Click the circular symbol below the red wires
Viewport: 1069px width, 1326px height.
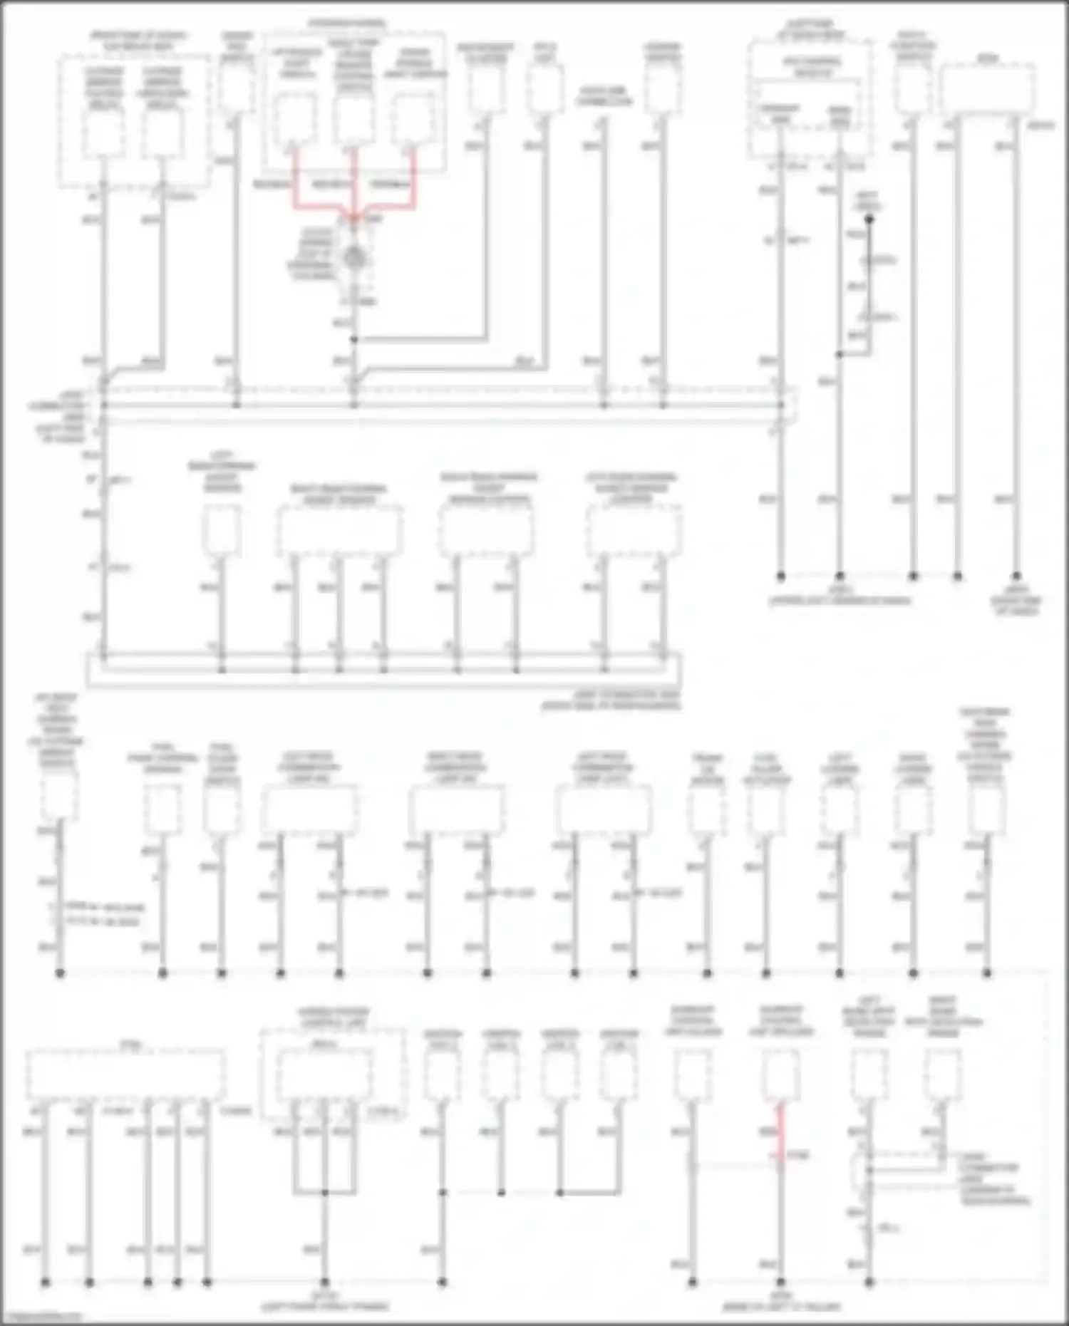353,258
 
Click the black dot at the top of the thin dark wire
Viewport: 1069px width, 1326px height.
869,220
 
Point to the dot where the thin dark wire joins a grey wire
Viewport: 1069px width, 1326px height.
840,354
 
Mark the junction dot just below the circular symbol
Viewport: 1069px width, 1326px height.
354,340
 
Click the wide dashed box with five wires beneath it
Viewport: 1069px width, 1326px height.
126,1075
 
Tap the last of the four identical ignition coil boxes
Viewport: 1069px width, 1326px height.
619,1075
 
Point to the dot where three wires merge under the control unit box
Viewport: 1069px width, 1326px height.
324,1192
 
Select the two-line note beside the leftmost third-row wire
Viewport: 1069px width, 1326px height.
103,915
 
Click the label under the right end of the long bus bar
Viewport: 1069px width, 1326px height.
609,700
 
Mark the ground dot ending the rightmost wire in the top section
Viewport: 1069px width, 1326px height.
1016,576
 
